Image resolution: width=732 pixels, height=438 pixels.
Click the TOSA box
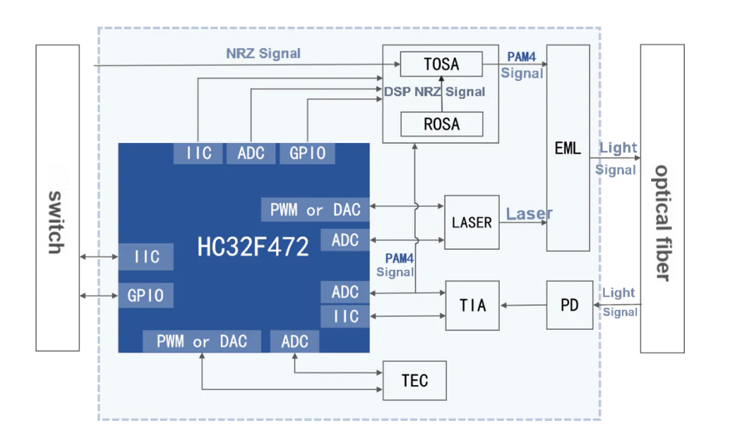click(441, 64)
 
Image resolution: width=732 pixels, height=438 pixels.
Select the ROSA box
click(441, 124)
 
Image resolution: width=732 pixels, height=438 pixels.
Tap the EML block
click(568, 148)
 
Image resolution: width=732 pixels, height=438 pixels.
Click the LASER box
click(472, 222)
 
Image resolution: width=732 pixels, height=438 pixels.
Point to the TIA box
click(472, 306)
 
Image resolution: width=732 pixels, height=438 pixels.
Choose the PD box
click(570, 306)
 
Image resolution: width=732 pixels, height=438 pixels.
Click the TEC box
click(415, 380)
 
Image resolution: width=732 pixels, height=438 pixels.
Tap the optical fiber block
click(662, 198)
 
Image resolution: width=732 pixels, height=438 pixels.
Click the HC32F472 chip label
click(253, 247)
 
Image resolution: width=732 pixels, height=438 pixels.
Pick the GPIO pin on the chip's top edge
click(307, 153)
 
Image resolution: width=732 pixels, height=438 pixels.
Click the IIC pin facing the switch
click(147, 257)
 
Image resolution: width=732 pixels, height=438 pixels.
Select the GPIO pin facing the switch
click(146, 295)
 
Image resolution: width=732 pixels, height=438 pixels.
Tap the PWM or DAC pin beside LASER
click(315, 210)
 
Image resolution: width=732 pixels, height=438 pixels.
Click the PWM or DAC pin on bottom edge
click(202, 341)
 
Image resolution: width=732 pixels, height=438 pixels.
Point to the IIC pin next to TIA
click(345, 316)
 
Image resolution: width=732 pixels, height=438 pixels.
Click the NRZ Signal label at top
click(263, 54)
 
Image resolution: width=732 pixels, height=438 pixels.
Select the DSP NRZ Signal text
click(435, 92)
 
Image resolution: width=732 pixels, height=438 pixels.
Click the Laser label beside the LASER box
click(529, 213)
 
